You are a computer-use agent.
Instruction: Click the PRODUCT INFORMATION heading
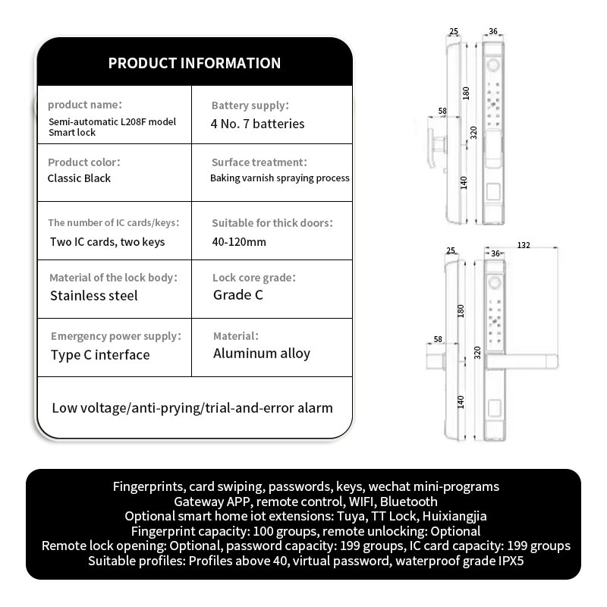[194, 63]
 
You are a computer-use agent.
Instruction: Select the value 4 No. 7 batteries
[258, 124]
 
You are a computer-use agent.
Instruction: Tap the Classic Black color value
[79, 178]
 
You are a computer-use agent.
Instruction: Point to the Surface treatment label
[259, 162]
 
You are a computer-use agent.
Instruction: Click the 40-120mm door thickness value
[239, 242]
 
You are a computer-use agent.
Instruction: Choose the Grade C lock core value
[237, 295]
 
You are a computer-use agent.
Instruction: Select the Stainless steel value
[94, 295]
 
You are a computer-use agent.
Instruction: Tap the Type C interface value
[100, 354]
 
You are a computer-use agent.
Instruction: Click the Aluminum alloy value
[261, 353]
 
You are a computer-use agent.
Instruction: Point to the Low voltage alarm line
[192, 408]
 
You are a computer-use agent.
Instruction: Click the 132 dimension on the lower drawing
[523, 246]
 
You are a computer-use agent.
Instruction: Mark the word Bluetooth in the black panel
[409, 502]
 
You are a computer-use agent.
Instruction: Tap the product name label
[84, 105]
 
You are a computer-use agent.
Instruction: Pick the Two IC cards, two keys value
[107, 242]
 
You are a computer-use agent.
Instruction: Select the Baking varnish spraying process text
[280, 178]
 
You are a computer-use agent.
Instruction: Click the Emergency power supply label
[115, 336]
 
